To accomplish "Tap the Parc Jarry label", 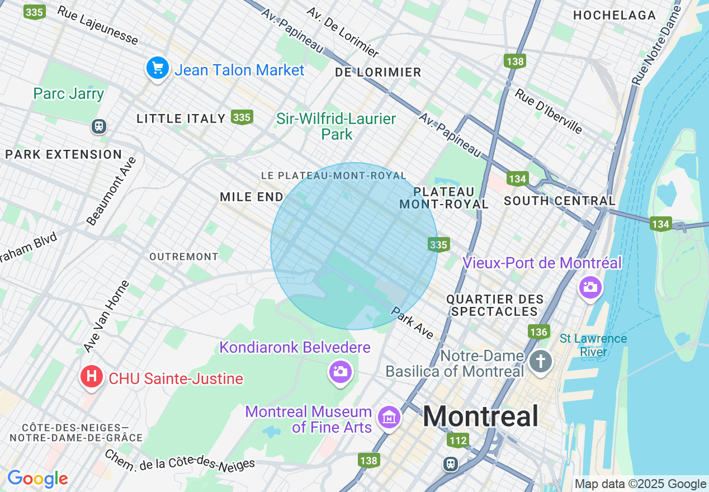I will (x=69, y=93).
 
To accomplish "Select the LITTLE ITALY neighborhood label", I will (x=181, y=119).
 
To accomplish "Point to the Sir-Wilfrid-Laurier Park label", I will (x=336, y=126).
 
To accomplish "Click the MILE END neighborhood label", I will (x=252, y=197).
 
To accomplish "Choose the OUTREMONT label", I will (x=184, y=257).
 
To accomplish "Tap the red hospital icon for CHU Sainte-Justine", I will (x=91, y=377).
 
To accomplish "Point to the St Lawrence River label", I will (x=593, y=346).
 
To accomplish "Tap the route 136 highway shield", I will (x=538, y=332).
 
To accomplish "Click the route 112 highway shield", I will (x=458, y=441).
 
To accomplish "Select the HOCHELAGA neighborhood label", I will (x=615, y=15).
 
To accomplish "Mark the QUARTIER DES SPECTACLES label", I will (x=495, y=306).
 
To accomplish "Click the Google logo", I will (x=37, y=479).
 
